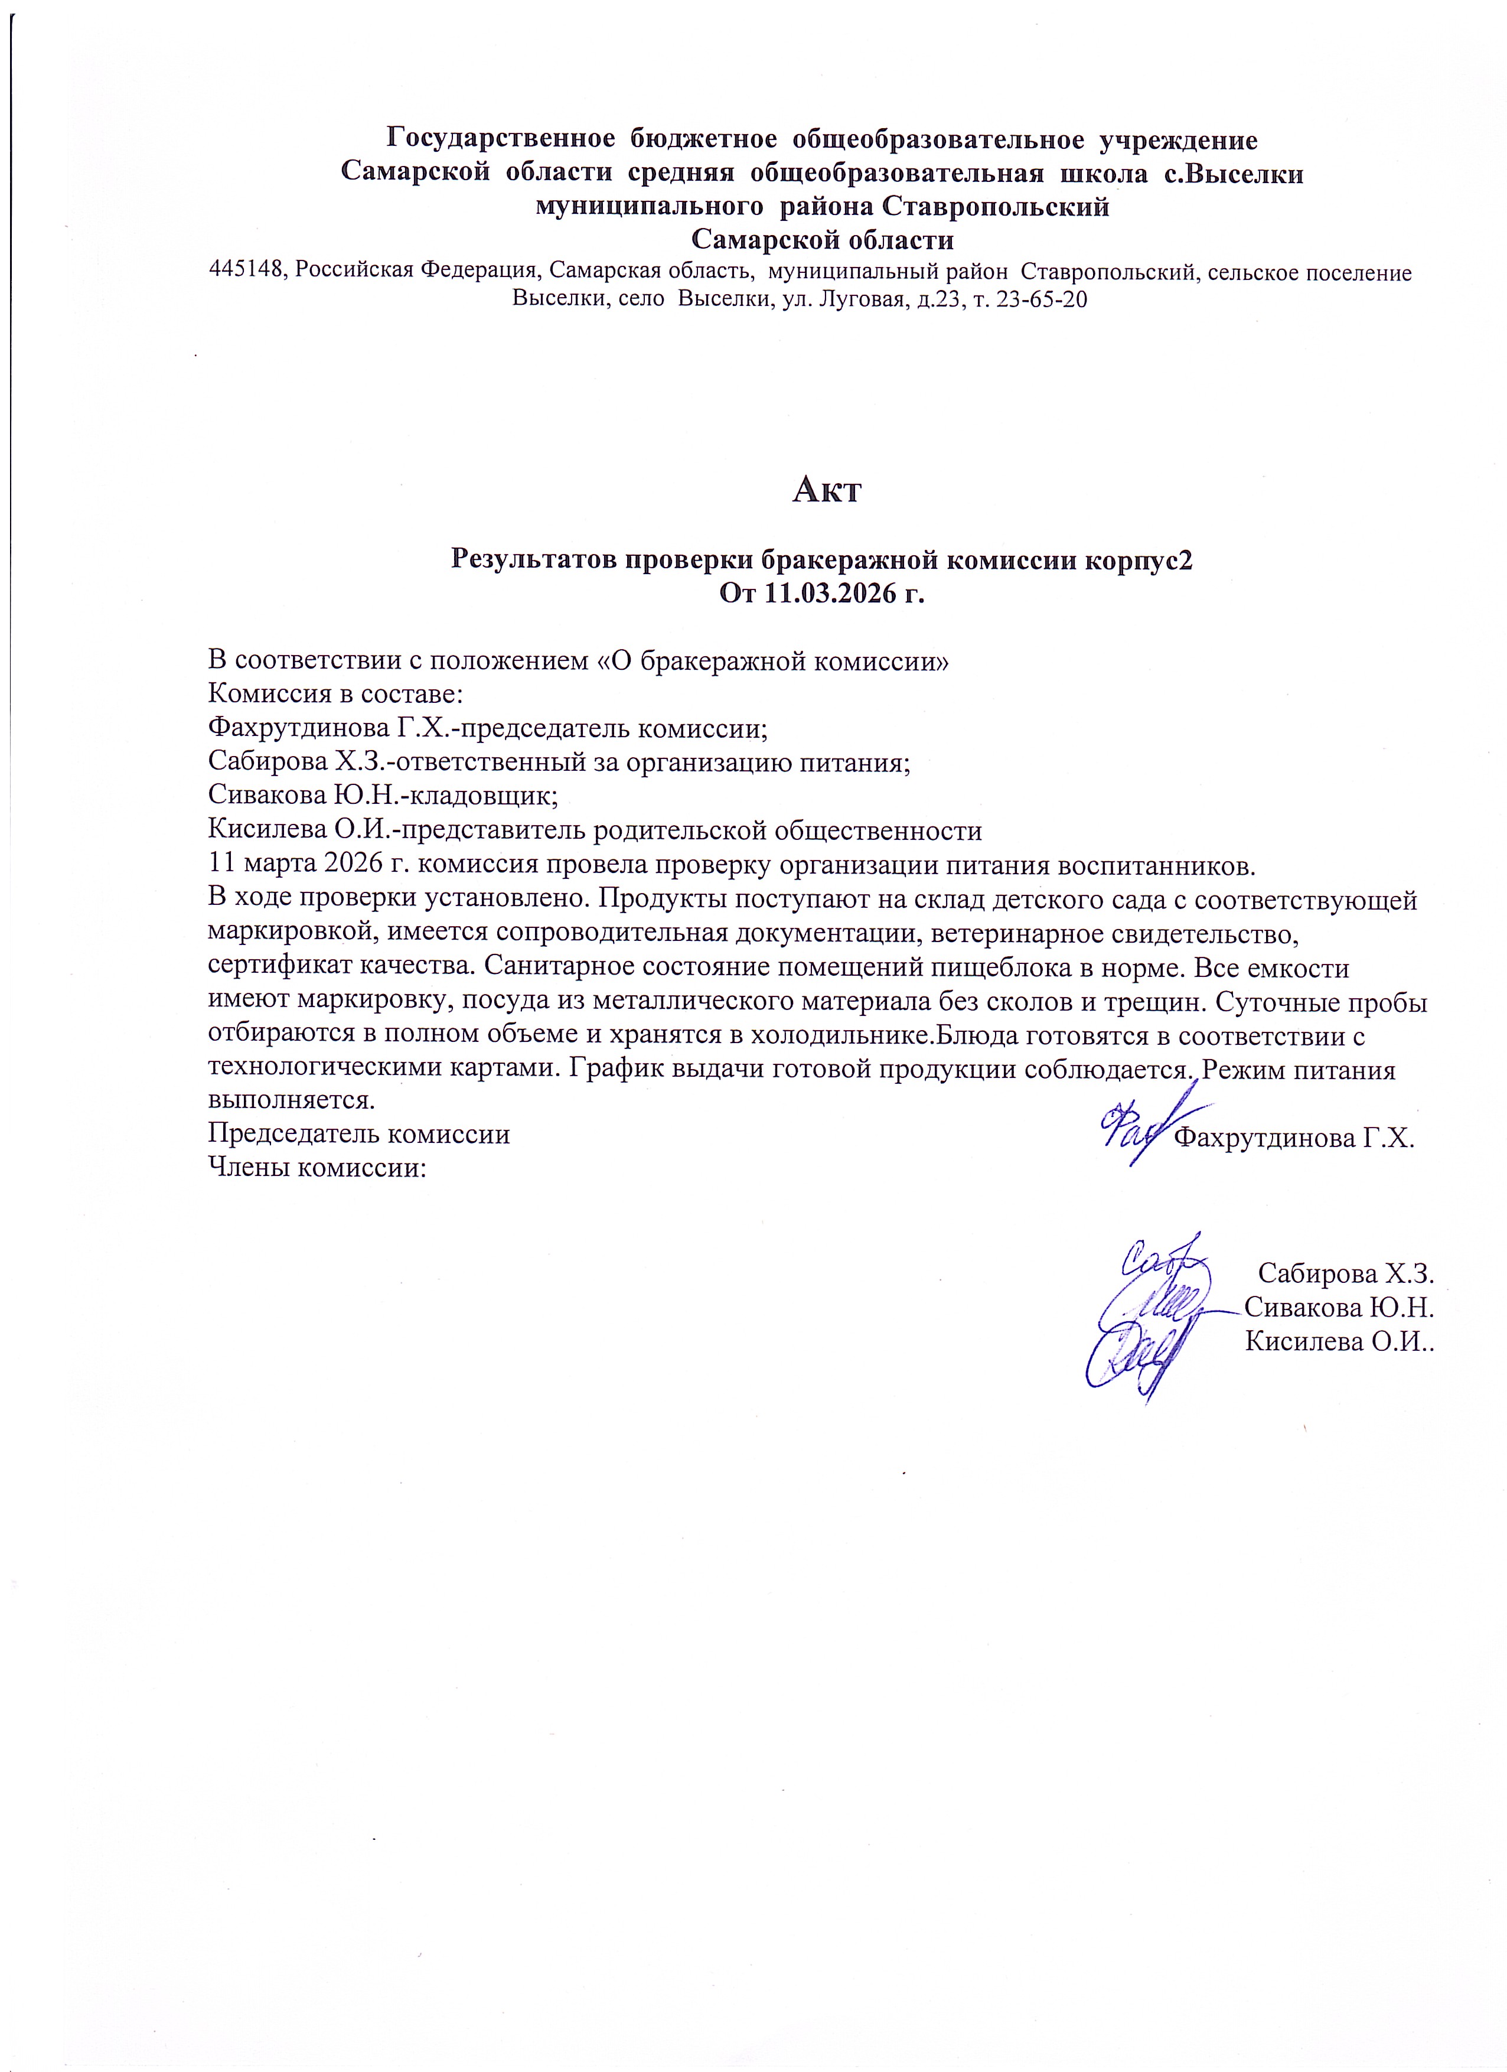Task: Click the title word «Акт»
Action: pos(827,491)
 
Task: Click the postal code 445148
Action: pos(249,272)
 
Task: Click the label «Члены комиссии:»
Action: pos(317,1168)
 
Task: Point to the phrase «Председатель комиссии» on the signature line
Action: pos(359,1135)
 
